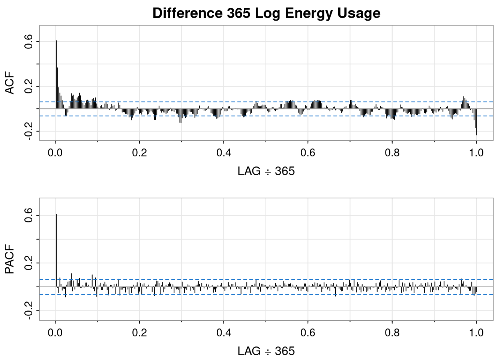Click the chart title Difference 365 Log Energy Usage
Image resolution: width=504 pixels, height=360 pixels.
coord(266,13)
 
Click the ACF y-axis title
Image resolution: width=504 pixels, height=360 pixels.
coord(10,83)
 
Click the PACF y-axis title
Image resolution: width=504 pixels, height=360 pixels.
coord(10,259)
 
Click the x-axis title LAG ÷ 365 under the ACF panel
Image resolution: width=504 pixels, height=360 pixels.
coord(266,171)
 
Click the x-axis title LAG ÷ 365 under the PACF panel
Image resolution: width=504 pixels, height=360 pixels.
coord(266,351)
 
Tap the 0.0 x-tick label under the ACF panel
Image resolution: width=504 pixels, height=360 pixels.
coord(55,153)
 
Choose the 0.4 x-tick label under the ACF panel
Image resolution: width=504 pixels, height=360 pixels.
coord(223,153)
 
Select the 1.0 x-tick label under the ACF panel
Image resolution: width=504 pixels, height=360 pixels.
coord(476,153)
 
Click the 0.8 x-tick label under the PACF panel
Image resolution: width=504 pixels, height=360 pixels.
coord(392,333)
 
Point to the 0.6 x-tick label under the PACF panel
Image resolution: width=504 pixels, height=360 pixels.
coord(308,333)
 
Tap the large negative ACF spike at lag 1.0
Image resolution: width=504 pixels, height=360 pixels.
coord(476,124)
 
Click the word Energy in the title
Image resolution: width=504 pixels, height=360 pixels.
coord(301,13)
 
